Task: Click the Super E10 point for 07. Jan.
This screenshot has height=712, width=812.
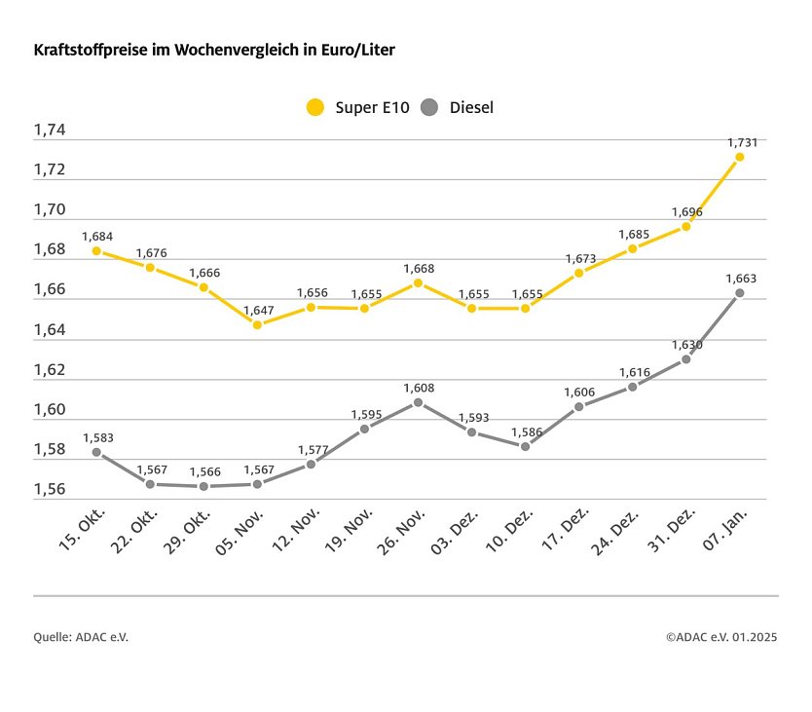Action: point(740,157)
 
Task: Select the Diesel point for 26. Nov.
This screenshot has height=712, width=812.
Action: point(418,402)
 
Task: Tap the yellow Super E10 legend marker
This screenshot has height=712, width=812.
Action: point(314,107)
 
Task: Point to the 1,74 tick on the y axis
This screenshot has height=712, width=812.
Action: point(50,131)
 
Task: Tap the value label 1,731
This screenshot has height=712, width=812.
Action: point(741,142)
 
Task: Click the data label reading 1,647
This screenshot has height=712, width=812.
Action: point(258,311)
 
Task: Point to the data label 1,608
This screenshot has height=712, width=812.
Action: point(418,388)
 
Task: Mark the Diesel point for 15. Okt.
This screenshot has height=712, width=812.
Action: point(96,452)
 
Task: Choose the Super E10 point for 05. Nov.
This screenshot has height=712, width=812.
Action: point(257,324)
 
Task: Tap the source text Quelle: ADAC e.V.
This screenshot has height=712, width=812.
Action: point(81,637)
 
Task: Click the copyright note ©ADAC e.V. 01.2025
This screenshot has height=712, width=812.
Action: point(721,637)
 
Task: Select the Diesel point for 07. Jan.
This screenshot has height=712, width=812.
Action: point(740,293)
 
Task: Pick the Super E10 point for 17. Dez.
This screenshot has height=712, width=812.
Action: point(578,273)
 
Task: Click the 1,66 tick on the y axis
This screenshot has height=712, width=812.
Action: point(50,290)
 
